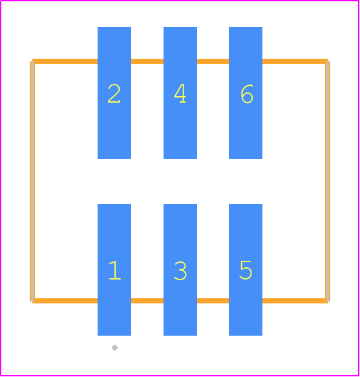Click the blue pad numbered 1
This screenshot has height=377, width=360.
114,270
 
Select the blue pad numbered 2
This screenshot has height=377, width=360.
114,93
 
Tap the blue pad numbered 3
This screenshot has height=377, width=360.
180,270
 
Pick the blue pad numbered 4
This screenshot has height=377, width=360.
180,93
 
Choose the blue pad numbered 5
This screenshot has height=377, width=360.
246,270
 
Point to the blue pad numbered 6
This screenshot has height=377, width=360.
246,93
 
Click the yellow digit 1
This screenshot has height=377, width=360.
115,270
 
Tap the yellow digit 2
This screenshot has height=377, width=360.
114,94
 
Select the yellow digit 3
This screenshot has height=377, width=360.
180,270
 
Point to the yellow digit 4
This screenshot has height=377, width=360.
180,94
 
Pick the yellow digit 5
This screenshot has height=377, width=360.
246,270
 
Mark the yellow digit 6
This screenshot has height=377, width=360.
247,94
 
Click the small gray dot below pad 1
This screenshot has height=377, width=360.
115,347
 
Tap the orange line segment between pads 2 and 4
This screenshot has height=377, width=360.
147,61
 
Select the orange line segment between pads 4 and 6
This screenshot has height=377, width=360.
213,61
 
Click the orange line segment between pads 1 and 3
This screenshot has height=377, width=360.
147,301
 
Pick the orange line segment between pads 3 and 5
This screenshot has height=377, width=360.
213,301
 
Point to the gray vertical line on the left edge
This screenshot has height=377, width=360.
32,181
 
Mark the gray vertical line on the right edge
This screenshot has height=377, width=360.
328,181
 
